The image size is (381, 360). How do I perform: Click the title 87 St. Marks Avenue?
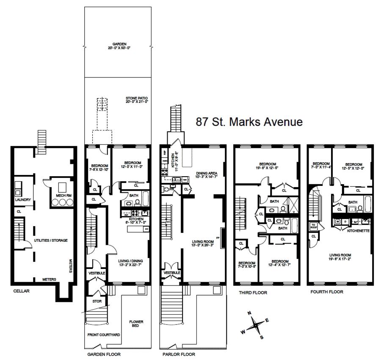click(249, 122)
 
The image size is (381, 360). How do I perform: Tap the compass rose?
click(254, 326)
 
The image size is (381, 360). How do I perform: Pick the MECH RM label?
click(57, 195)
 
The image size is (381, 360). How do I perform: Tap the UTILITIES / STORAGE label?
click(51, 240)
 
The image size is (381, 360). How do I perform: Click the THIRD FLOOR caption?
click(253, 292)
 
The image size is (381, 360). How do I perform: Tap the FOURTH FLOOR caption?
click(327, 292)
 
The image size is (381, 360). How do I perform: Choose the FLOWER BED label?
click(137, 324)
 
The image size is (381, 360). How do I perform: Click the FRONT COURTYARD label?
click(104, 335)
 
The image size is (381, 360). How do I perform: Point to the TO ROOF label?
click(314, 226)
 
